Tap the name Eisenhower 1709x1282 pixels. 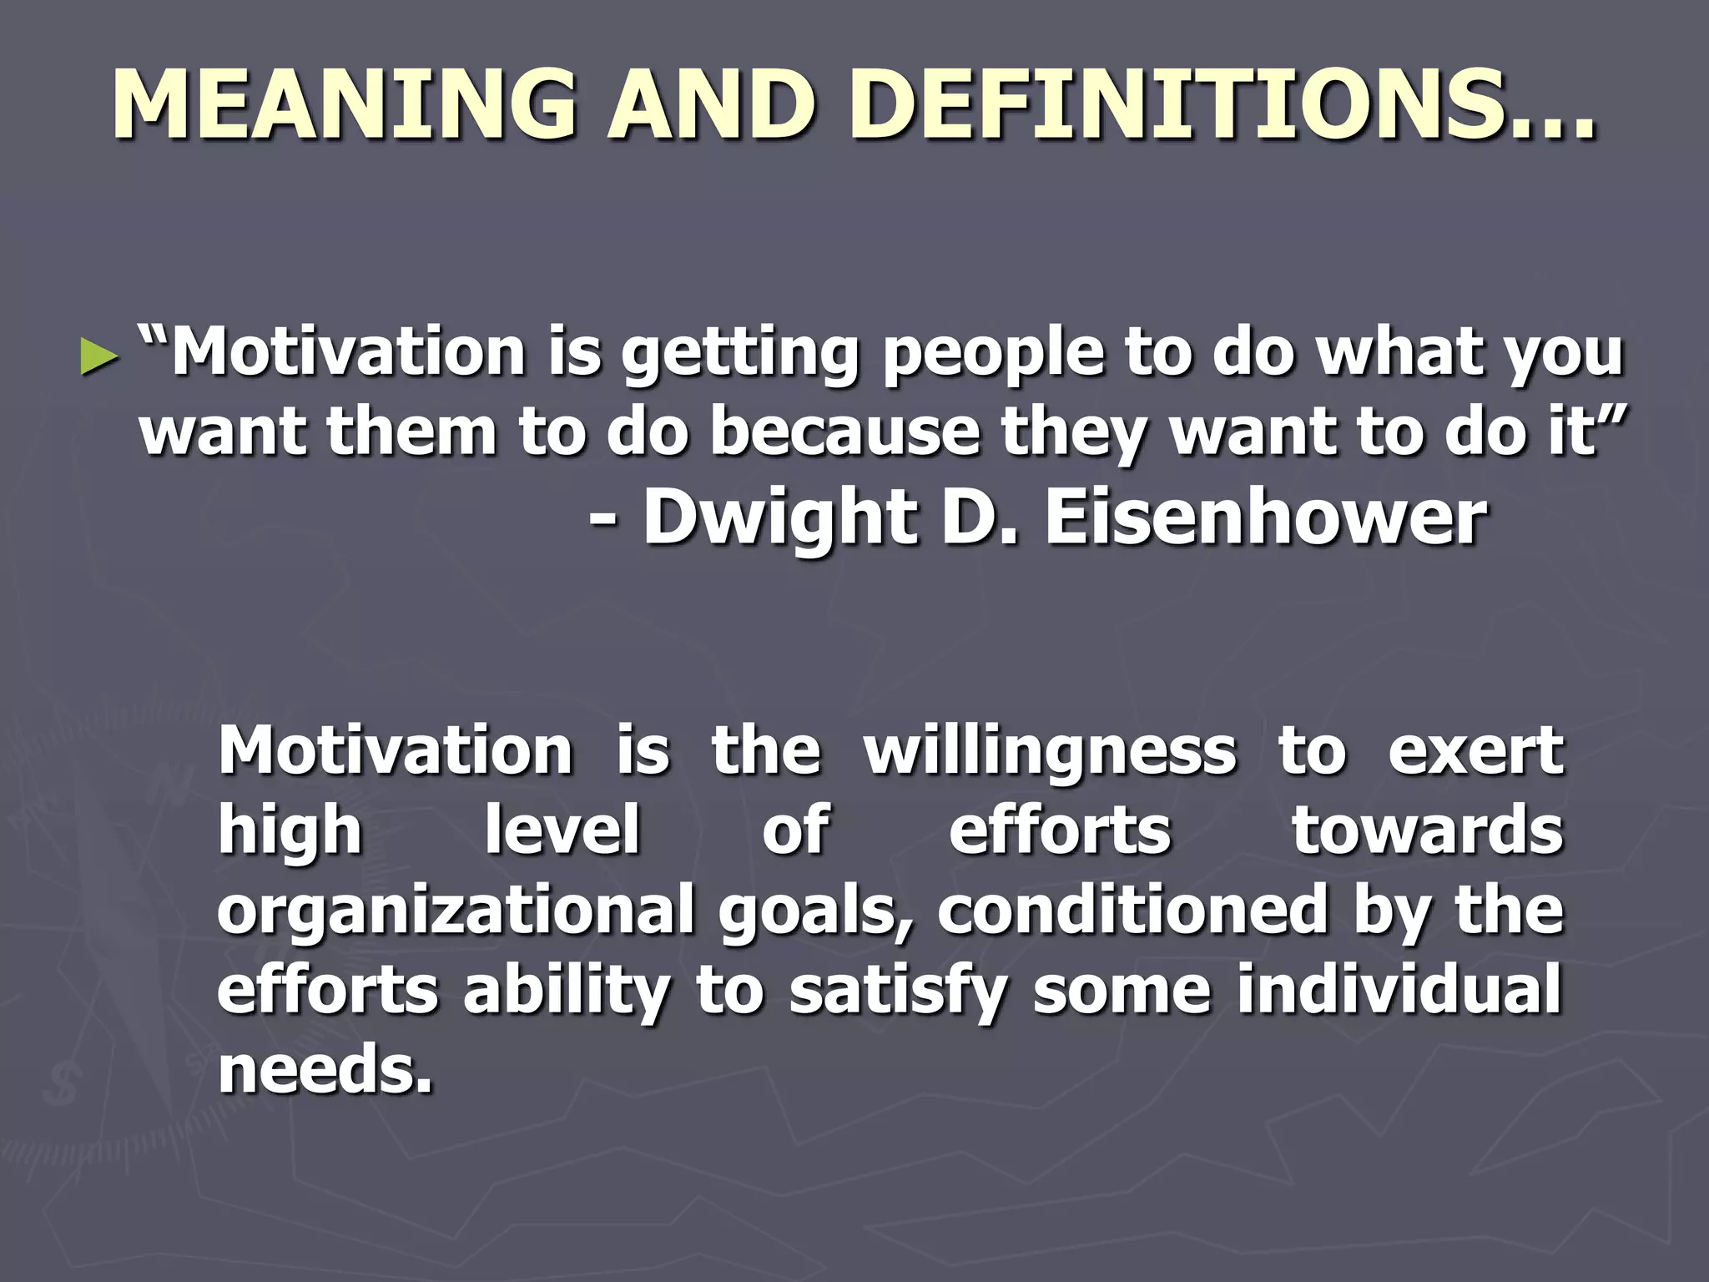click(1265, 517)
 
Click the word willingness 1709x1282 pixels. click(1049, 751)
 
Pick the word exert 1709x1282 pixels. click(1475, 751)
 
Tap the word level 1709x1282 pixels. click(562, 830)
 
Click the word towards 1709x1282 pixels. click(1427, 830)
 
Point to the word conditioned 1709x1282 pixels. click(1132, 910)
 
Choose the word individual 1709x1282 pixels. click(1398, 988)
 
